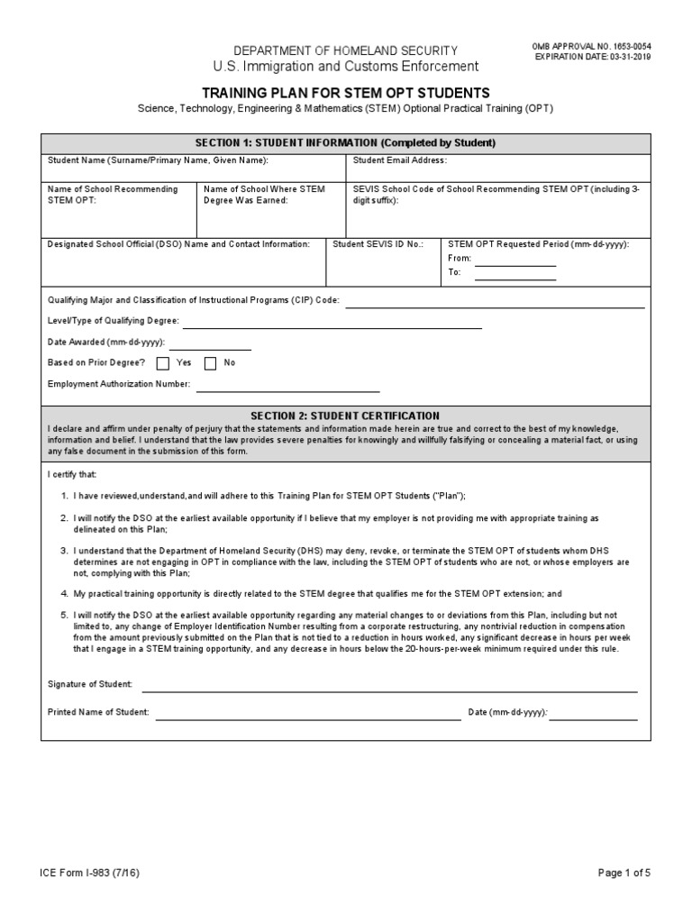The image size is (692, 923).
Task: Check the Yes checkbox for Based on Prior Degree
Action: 163,363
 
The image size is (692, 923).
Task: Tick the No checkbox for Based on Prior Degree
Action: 211,363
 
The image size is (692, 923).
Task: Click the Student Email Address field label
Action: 399,160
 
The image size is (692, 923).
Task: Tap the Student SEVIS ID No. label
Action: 378,244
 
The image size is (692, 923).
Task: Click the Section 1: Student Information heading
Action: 346,142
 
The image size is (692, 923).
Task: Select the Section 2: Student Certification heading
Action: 346,416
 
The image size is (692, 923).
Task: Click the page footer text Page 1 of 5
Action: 624,873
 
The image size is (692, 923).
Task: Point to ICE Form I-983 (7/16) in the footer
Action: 88,873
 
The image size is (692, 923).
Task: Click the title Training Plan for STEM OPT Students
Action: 346,93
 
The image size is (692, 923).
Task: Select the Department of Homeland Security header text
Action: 346,51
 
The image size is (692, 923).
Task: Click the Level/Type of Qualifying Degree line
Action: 332,325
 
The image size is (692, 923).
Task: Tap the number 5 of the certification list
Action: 64,615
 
